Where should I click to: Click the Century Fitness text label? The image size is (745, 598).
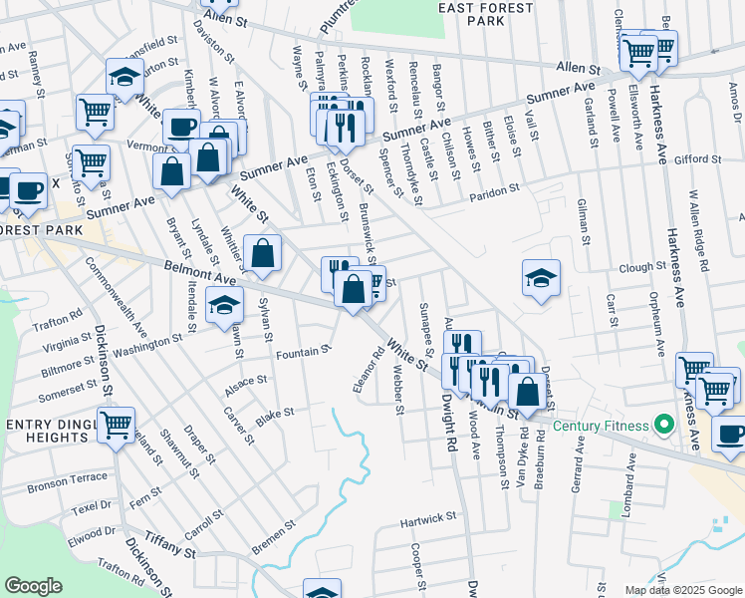tap(602, 427)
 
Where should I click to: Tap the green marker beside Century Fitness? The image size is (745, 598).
tap(662, 427)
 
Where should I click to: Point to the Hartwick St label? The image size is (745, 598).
tap(427, 518)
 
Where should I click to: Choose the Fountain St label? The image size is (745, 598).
tap(303, 352)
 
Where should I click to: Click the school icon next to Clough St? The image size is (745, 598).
tap(541, 278)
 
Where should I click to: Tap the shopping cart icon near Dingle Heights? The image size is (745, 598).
tap(117, 426)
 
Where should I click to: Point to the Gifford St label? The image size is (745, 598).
tap(696, 159)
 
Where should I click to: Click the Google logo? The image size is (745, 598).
tap(33, 586)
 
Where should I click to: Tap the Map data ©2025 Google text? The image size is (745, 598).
tap(682, 590)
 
